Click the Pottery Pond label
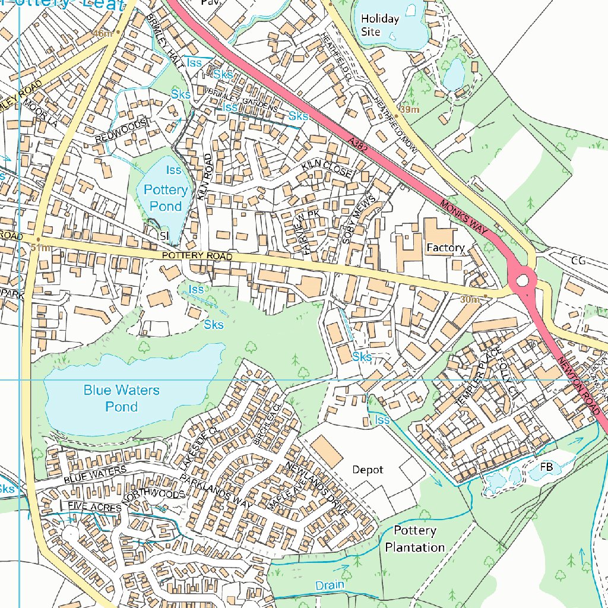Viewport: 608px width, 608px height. coord(166,198)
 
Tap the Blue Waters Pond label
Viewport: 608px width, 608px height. coord(121,398)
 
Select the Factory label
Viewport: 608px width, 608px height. coord(445,247)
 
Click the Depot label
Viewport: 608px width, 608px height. coord(368,469)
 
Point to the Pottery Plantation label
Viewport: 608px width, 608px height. coord(414,539)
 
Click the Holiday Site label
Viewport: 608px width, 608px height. coord(380,25)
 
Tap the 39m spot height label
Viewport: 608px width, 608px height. coord(410,110)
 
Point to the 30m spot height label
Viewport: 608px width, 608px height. coord(470,300)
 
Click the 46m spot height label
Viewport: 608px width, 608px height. coord(102,34)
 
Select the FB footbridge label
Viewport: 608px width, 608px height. coord(546,467)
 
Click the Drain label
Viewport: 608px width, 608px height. coord(330,585)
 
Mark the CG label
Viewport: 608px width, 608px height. coord(578,260)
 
